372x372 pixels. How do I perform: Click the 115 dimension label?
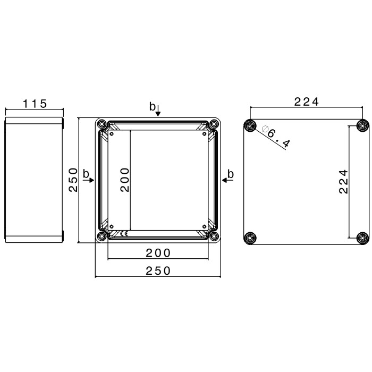click(x=35, y=104)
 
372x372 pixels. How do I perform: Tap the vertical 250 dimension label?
click(x=73, y=180)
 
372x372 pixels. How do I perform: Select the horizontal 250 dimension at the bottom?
click(x=158, y=270)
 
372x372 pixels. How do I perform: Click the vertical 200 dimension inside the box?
click(x=125, y=180)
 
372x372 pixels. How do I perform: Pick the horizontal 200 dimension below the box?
click(x=158, y=253)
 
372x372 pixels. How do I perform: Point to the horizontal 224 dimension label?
click(x=307, y=102)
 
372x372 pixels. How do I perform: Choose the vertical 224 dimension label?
click(x=343, y=182)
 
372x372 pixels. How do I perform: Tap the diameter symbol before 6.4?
click(x=265, y=129)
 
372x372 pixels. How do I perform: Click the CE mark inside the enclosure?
click(x=124, y=234)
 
